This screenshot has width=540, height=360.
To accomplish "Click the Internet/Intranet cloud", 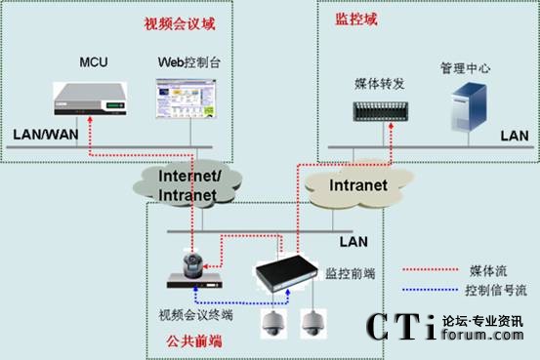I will tap(191, 185).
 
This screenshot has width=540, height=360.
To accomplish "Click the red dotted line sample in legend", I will tap(434, 269).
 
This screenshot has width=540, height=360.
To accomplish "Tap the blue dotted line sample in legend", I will tap(434, 291).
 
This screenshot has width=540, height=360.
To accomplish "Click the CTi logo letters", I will tap(400, 329).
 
